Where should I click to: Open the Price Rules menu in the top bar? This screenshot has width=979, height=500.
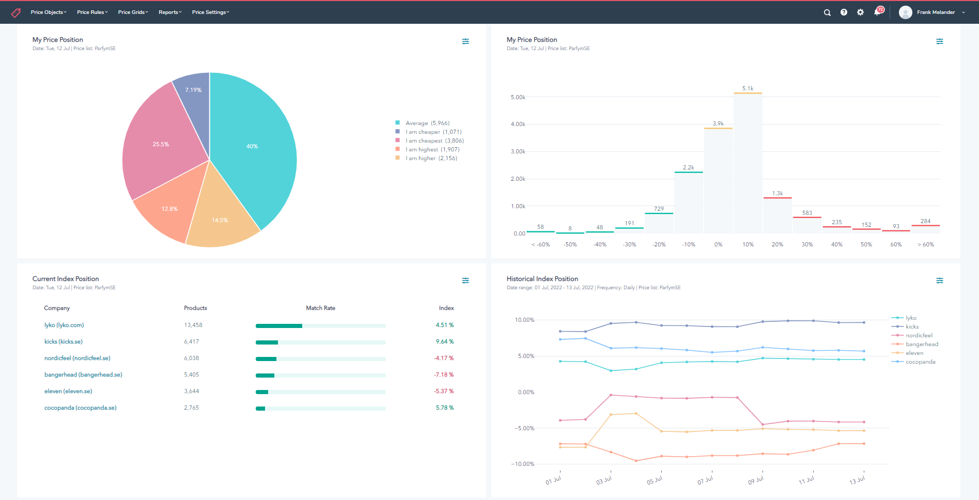(x=92, y=12)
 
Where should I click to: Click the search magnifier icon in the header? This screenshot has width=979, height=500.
(x=827, y=12)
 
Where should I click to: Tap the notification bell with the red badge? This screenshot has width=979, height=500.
(x=877, y=12)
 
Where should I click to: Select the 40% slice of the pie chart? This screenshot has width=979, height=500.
(x=252, y=146)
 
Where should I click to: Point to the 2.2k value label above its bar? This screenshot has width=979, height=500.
(x=688, y=167)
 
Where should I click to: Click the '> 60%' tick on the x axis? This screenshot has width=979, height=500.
(x=925, y=244)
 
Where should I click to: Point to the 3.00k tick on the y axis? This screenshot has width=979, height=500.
(x=518, y=151)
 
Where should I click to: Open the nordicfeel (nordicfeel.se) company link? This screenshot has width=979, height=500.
(x=77, y=358)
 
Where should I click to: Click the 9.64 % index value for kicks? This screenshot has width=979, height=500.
(x=444, y=341)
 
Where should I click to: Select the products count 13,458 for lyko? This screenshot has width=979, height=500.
(x=193, y=325)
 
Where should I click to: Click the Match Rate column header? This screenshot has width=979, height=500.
(x=320, y=308)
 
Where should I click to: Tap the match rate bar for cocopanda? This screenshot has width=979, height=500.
(x=320, y=409)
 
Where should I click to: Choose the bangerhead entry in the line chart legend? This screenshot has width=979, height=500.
(x=921, y=344)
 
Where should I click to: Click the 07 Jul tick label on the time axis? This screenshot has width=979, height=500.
(x=705, y=480)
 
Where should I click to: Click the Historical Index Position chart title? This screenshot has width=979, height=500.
(x=542, y=279)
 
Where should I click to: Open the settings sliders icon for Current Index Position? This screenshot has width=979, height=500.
(x=465, y=280)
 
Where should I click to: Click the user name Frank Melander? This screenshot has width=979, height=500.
(x=936, y=12)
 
